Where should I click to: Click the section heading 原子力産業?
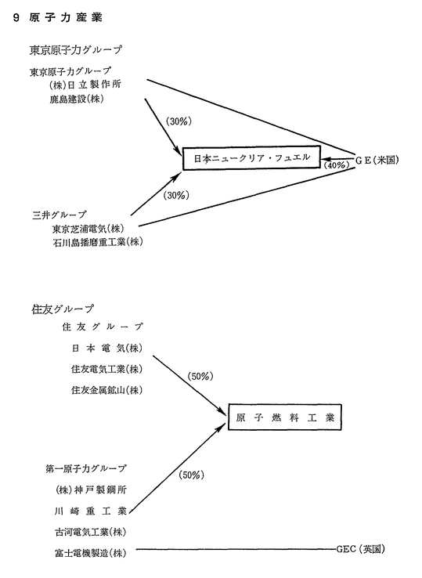66,17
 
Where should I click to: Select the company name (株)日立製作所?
85,85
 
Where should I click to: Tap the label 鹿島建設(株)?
76,99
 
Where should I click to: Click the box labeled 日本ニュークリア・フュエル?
252,158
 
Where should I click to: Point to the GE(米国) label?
377,160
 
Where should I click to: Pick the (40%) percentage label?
337,164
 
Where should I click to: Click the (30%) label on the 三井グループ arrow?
176,196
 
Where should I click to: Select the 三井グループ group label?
60,215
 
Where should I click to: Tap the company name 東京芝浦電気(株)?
88,229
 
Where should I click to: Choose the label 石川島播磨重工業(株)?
97,242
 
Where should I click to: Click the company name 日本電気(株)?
107,348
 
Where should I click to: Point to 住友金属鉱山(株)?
107,390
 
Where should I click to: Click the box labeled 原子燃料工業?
285,417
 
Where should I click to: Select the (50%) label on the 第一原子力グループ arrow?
191,475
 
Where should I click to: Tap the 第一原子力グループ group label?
86,468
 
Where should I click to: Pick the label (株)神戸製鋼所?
91,489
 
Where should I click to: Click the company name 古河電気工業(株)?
91,532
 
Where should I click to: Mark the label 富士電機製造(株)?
91,553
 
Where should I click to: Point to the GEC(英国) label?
361,549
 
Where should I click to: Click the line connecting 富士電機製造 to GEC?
236,550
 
